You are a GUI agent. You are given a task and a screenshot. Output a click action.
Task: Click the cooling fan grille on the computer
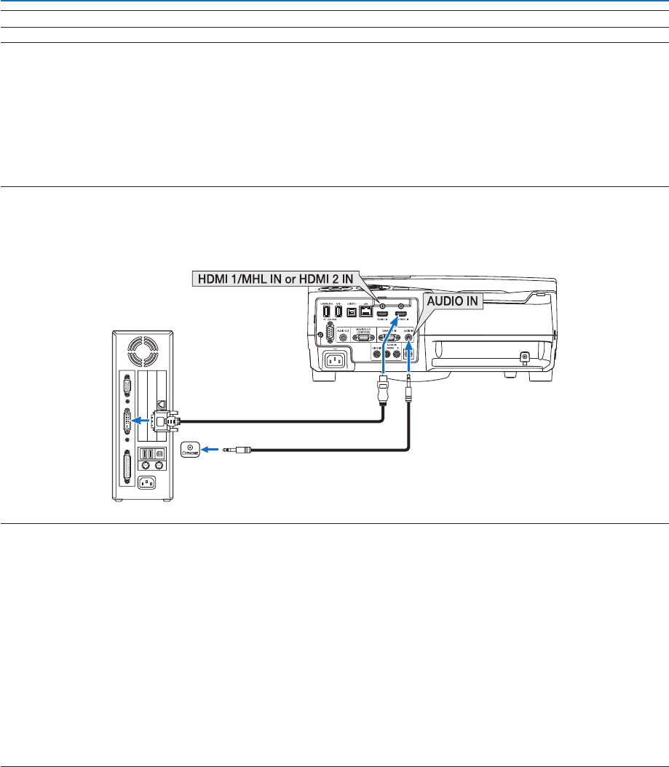(141, 351)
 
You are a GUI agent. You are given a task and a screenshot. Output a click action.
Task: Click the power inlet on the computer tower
(147, 482)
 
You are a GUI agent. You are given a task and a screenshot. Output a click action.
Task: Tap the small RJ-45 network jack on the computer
(162, 402)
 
